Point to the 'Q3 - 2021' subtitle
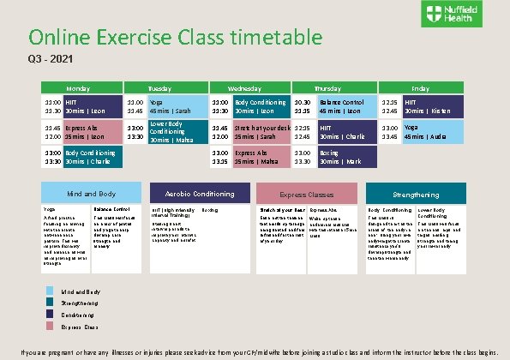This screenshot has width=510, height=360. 40,60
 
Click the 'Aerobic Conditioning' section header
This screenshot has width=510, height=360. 197,194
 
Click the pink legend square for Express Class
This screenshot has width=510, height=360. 52,327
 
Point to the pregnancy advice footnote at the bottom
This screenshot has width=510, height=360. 255,352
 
